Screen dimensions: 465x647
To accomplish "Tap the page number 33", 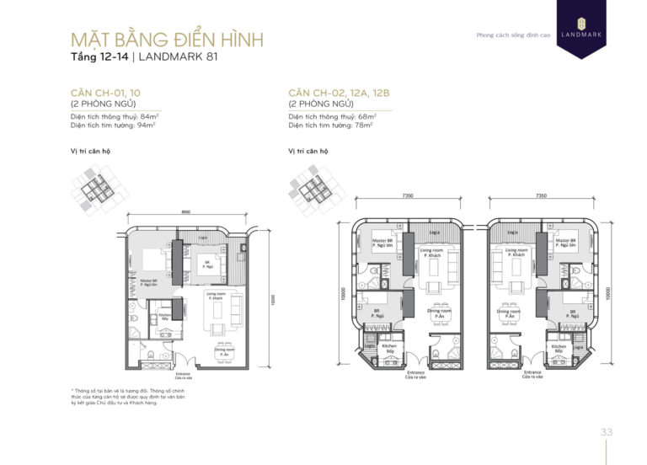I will [x=607, y=431].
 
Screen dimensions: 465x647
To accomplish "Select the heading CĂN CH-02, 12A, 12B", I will [x=339, y=93].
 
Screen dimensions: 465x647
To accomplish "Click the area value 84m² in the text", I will [x=147, y=115].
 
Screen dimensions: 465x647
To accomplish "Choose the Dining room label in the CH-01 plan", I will [x=224, y=354].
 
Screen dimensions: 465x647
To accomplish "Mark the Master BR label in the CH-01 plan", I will [x=149, y=282].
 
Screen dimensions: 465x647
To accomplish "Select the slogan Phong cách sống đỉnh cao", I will [x=506, y=35].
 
